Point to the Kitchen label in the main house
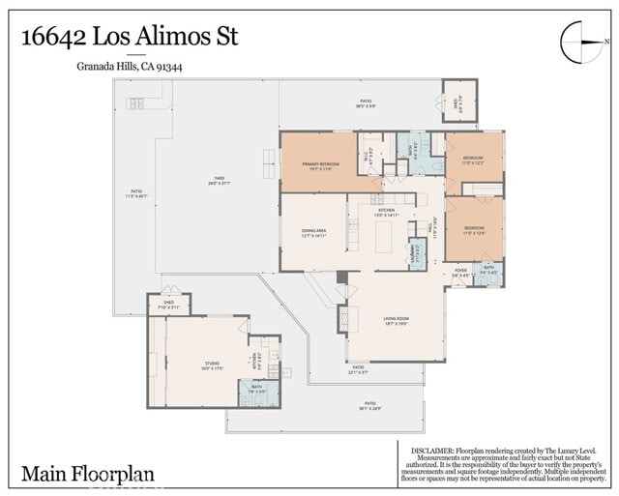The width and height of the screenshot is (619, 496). (386, 212)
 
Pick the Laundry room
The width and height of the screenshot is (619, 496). (418, 254)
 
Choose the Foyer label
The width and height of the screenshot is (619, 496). (461, 273)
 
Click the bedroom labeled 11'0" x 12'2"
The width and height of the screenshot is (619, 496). (473, 160)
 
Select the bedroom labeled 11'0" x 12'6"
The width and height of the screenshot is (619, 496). (473, 230)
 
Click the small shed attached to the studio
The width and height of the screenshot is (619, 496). (169, 306)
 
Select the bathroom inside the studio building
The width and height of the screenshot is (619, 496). (258, 392)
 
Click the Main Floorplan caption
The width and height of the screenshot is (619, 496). (88, 474)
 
